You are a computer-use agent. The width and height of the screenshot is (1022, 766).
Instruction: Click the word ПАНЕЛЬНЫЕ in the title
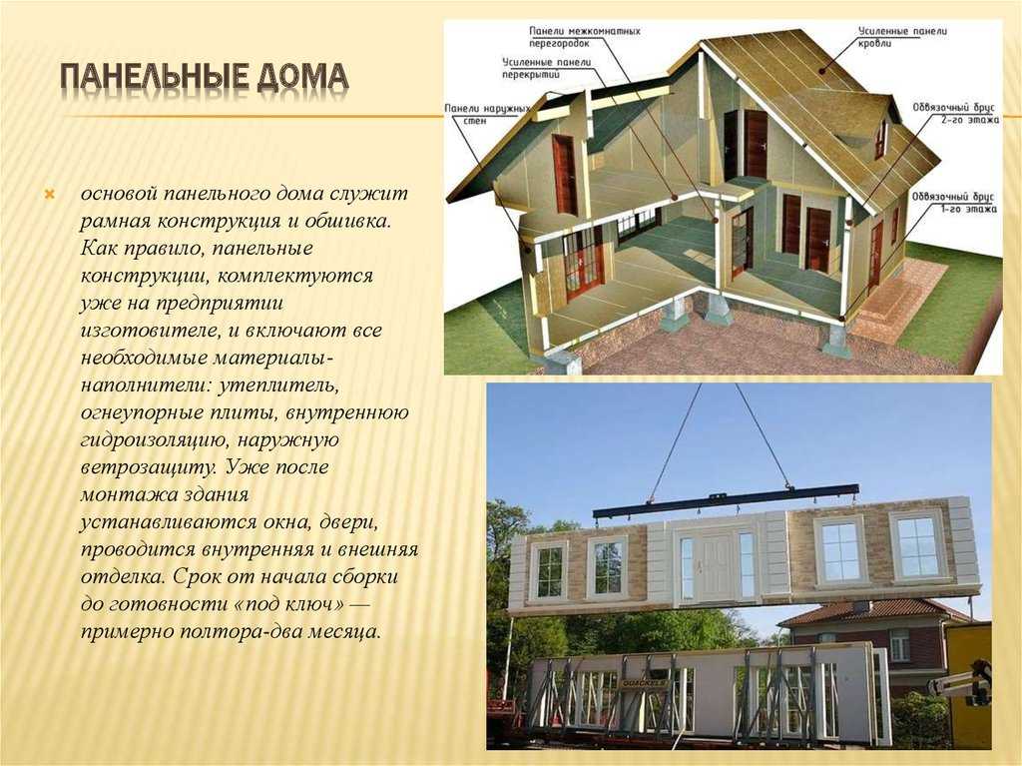pyautogui.click(x=154, y=78)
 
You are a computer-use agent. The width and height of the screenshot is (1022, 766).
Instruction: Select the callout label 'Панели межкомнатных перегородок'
pyautogui.click(x=585, y=37)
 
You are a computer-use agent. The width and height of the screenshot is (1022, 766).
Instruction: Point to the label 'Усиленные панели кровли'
pyautogui.click(x=902, y=37)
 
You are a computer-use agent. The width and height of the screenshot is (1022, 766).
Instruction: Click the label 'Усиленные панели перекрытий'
pyautogui.click(x=546, y=68)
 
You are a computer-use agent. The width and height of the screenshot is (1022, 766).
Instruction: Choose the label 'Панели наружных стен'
pyautogui.click(x=487, y=114)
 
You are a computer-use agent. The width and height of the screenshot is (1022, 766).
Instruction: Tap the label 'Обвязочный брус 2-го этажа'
pyautogui.click(x=955, y=113)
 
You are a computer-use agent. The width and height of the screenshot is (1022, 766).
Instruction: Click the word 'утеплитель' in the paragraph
pyautogui.click(x=278, y=384)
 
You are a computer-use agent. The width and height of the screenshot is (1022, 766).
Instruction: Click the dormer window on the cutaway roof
pyautogui.click(x=880, y=138)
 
